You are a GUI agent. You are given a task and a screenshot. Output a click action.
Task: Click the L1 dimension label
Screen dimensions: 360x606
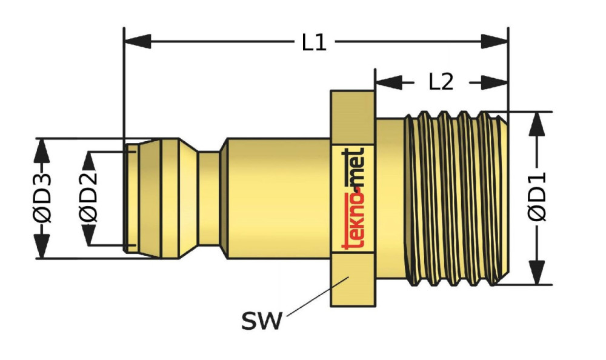[x=315, y=43]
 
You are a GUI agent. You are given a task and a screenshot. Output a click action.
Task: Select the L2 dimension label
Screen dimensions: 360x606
[x=441, y=82]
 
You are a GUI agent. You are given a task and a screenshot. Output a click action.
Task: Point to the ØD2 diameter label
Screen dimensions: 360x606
[x=88, y=198]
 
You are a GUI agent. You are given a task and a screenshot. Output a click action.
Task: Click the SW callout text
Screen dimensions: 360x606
[x=262, y=321]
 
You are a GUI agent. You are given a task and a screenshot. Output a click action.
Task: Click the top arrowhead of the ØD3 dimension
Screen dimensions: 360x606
[x=41, y=149]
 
